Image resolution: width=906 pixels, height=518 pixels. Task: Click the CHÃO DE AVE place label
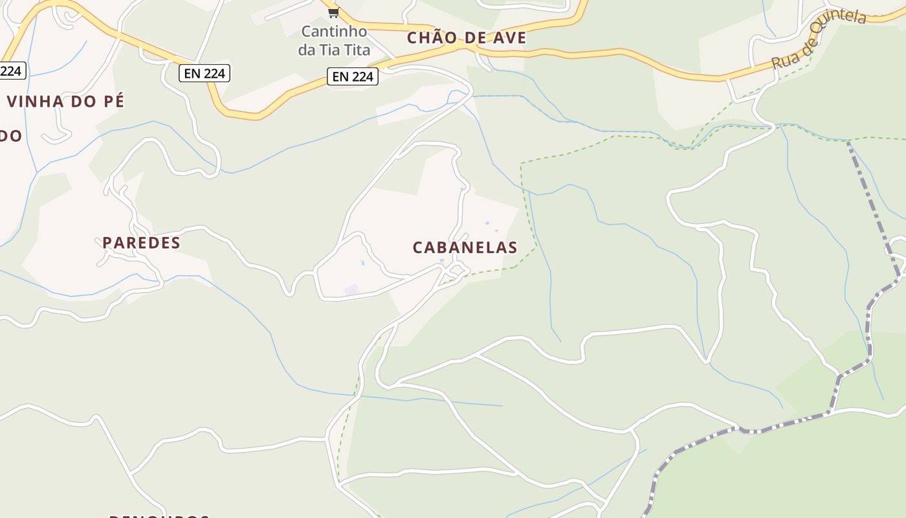[467, 38]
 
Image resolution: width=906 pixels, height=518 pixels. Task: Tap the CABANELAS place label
[465, 247]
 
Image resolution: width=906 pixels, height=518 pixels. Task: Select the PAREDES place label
[141, 243]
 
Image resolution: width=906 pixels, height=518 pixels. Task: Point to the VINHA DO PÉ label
[65, 102]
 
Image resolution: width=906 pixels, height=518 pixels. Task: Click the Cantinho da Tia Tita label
[334, 40]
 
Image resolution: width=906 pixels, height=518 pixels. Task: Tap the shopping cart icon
[333, 12]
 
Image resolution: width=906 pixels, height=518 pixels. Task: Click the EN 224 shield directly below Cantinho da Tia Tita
[352, 76]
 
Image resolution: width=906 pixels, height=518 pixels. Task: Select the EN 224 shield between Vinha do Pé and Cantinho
[204, 73]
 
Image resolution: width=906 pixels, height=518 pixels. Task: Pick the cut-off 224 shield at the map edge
[11, 71]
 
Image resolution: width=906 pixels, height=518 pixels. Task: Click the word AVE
[508, 38]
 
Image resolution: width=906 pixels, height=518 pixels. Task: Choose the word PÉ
[114, 102]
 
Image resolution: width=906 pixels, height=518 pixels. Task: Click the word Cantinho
[334, 31]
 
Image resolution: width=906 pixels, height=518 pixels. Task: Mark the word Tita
[357, 50]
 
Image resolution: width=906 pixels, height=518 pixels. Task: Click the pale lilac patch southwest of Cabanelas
[351, 290]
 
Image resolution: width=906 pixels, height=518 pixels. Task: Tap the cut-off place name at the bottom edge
[159, 516]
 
